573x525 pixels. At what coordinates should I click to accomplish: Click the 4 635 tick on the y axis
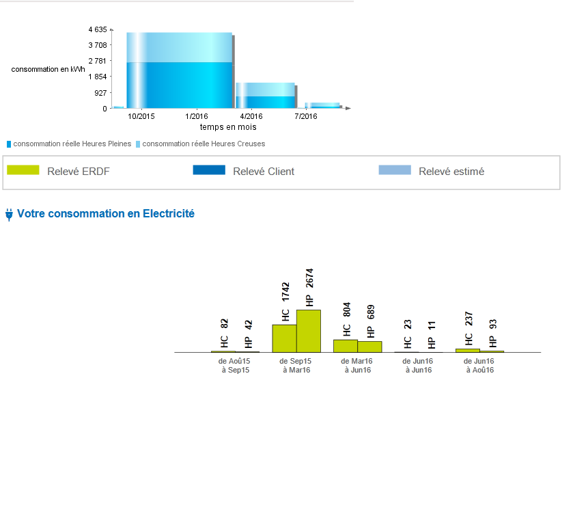coord(98,30)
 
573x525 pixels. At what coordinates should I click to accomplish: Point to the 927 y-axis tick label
coord(100,93)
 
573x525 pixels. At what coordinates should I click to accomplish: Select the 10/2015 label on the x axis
coord(141,117)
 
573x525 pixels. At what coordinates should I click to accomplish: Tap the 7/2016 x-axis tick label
coord(306,117)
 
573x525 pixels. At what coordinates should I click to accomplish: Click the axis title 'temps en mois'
coord(228,127)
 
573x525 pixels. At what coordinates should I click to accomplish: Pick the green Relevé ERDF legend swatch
coord(23,170)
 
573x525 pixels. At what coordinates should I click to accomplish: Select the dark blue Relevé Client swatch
coord(209,170)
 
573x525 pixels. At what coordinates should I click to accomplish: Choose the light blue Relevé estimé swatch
coord(395,170)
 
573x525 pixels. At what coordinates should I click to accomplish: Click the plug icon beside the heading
coord(9,215)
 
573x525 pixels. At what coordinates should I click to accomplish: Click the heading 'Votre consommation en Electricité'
coord(106,214)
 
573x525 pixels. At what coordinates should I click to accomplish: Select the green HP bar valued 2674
coord(309,331)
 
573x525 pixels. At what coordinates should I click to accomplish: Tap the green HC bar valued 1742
coord(284,338)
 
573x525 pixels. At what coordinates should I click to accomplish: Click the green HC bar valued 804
coord(346,346)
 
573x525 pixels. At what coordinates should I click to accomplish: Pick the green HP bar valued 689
coord(369,347)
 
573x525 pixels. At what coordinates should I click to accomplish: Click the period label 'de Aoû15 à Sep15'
coord(234,365)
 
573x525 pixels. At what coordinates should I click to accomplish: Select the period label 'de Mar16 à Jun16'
coord(357,365)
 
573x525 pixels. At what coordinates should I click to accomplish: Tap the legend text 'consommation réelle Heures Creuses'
coord(204,144)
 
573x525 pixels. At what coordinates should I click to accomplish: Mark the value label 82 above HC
coord(224,323)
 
